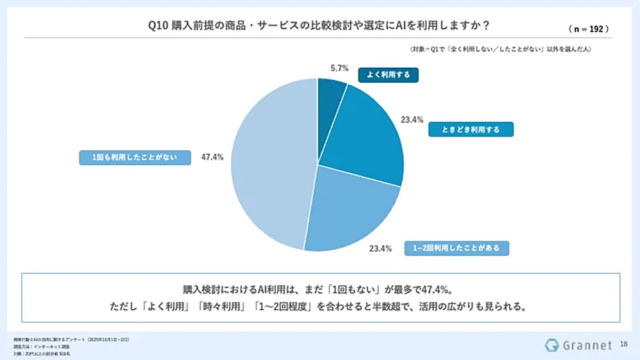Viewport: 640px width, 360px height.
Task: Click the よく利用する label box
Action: [x=388, y=75]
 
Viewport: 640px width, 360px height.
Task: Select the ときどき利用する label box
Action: [x=471, y=130]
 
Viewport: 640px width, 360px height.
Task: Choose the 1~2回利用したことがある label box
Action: [x=457, y=249]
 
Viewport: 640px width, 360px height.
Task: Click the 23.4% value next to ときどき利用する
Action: [x=412, y=120]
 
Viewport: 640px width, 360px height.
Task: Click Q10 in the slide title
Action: [x=159, y=26]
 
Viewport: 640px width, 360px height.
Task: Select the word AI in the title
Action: [x=411, y=26]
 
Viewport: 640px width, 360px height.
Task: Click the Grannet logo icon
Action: [x=551, y=345]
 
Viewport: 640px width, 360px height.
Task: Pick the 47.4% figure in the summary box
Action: [x=437, y=291]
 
